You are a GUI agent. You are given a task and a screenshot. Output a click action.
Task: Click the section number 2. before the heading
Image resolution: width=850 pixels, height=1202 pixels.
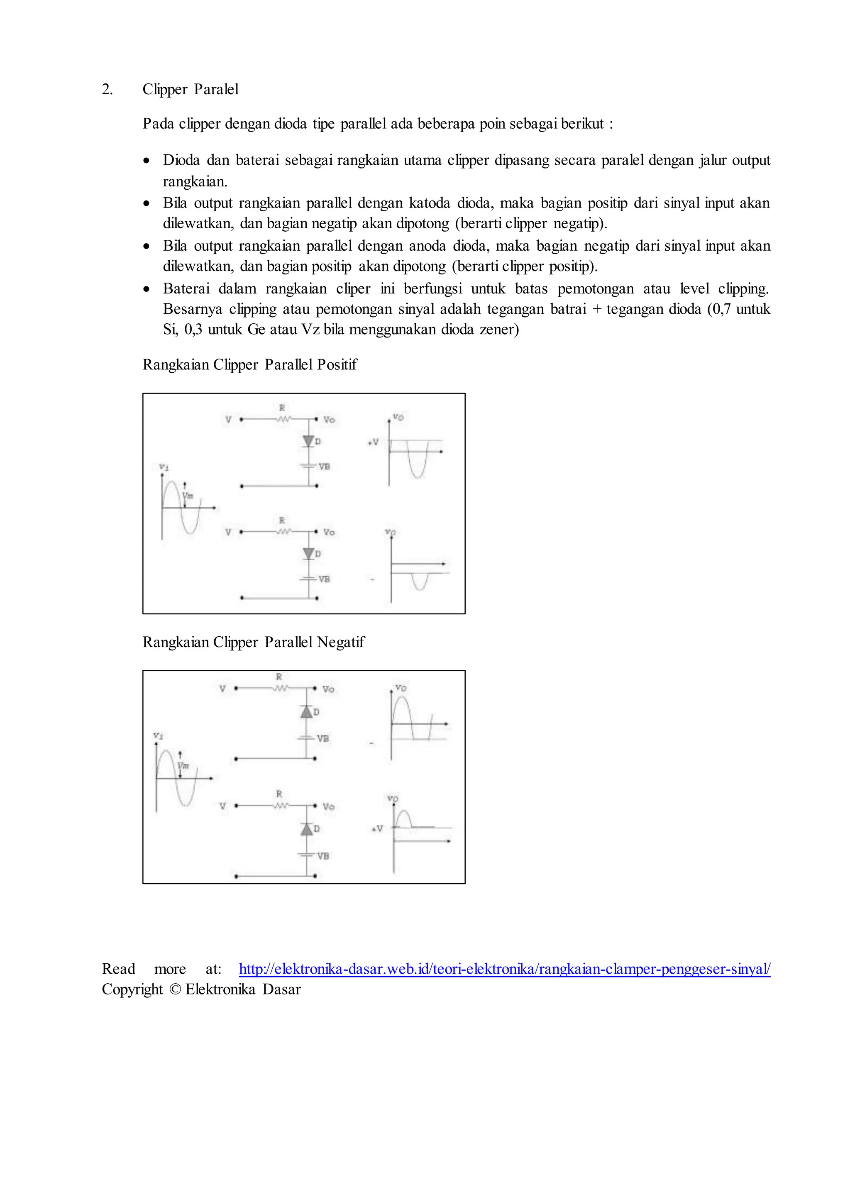pyautogui.click(x=107, y=90)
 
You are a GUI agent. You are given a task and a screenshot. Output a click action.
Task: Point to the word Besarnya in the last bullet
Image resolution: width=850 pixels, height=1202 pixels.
pyautogui.click(x=193, y=309)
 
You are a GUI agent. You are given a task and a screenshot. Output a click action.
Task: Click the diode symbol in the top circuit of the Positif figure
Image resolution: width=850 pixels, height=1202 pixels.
pyautogui.click(x=308, y=441)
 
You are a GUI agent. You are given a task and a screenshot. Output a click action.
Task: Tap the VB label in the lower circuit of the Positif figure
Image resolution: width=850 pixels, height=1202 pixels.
pyautogui.click(x=324, y=579)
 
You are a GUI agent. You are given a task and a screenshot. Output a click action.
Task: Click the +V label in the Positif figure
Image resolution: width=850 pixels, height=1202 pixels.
pyautogui.click(x=373, y=442)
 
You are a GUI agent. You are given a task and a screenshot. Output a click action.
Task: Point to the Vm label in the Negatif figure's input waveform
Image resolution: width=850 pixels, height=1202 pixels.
pyautogui.click(x=183, y=766)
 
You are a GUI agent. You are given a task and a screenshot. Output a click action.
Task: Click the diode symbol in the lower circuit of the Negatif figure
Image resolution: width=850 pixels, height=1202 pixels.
pyautogui.click(x=307, y=829)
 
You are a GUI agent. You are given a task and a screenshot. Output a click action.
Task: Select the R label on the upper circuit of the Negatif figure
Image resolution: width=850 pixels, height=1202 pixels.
pyautogui.click(x=279, y=677)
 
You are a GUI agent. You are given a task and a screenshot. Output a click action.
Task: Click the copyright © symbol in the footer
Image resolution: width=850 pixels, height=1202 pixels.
pyautogui.click(x=174, y=990)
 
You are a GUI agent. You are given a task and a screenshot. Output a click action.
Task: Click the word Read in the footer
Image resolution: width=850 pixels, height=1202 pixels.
pyautogui.click(x=118, y=969)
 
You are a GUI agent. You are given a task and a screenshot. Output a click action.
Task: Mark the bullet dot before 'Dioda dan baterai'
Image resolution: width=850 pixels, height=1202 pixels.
pyautogui.click(x=147, y=161)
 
